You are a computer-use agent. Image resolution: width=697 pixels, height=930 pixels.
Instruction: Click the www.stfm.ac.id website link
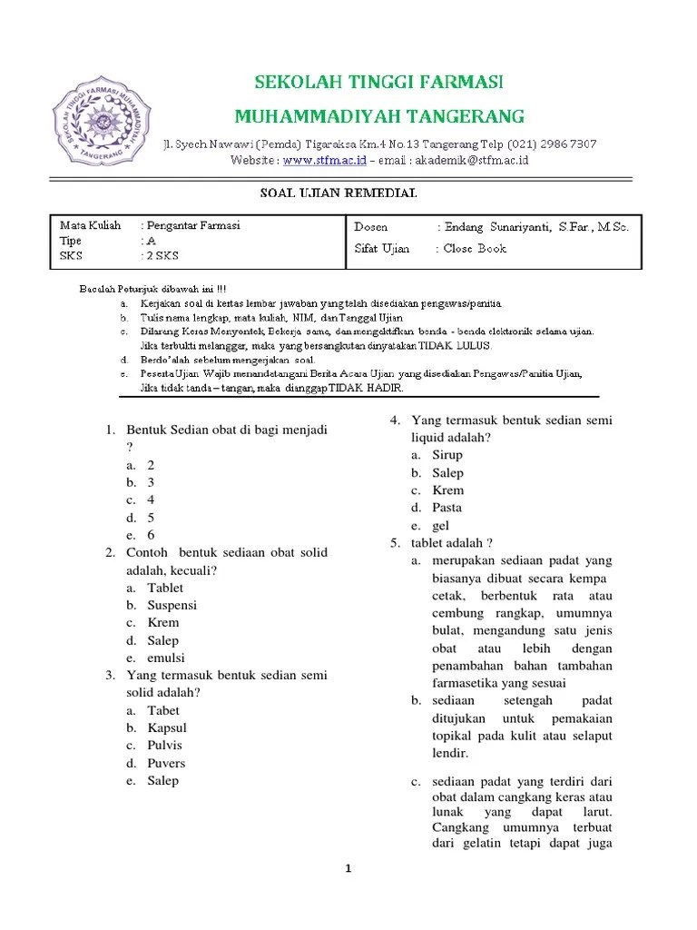(x=324, y=160)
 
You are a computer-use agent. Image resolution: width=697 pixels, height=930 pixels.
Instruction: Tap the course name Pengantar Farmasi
(x=194, y=225)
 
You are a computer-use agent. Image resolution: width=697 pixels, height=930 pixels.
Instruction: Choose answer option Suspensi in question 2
(x=172, y=605)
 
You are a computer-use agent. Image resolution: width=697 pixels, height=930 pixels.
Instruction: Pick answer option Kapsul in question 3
(x=167, y=727)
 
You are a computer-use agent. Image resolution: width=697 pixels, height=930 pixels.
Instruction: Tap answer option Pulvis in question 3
(x=165, y=745)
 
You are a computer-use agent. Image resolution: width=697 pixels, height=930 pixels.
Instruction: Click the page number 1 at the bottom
(x=348, y=868)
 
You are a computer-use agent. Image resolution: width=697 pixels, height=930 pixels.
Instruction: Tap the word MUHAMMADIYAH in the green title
(x=311, y=116)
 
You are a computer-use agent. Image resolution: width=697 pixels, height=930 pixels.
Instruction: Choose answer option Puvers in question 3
(x=167, y=763)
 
